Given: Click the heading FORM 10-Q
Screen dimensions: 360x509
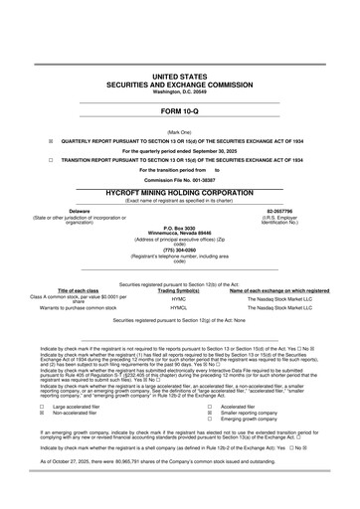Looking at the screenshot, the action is (x=179, y=112).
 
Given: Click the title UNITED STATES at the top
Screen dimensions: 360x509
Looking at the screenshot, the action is (x=179, y=76).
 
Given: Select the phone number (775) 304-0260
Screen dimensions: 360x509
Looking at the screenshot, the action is (x=179, y=251).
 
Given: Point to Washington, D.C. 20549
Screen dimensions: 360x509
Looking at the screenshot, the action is (x=179, y=90).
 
